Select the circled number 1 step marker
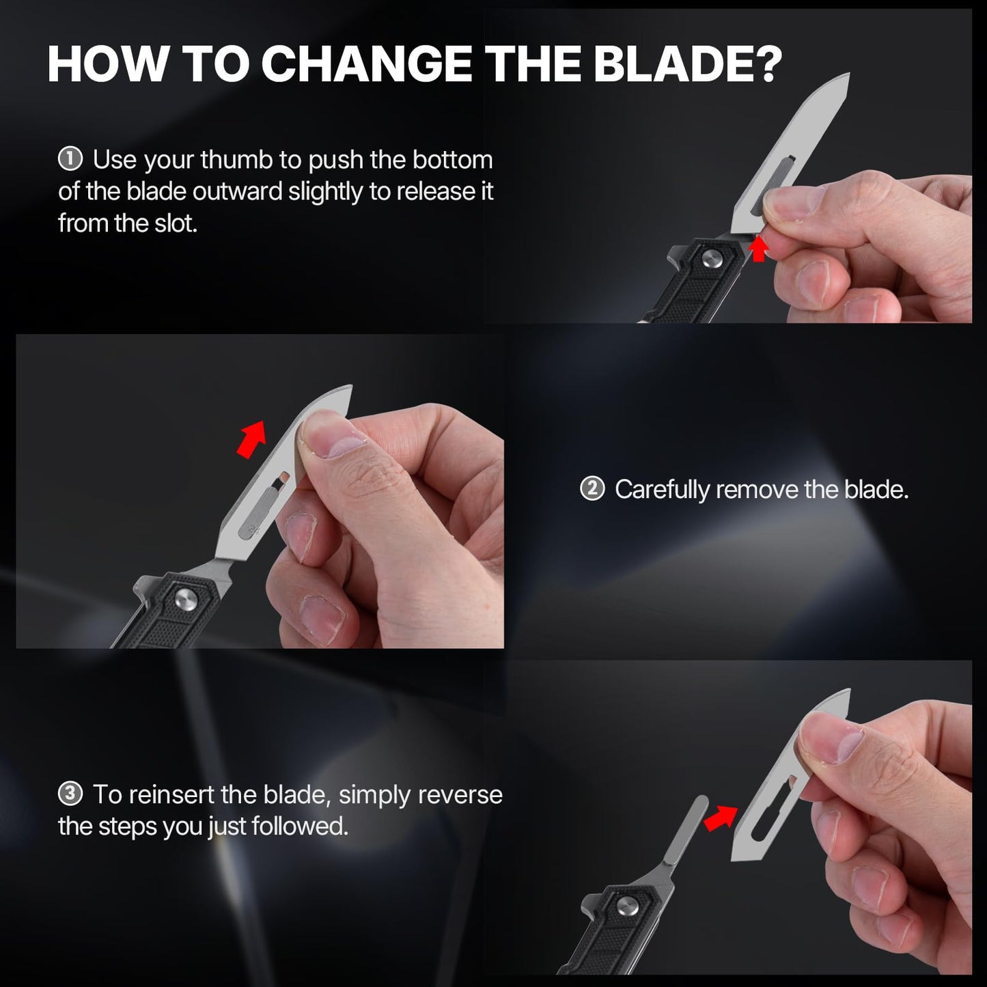pyautogui.click(x=70, y=159)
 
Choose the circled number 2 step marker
pyautogui.click(x=592, y=488)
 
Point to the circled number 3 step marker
pyautogui.click(x=70, y=794)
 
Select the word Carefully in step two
pyautogui.click(x=662, y=490)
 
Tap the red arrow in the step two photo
pyautogui.click(x=252, y=439)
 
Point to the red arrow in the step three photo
pyautogui.click(x=721, y=818)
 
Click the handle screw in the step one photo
pyautogui.click(x=709, y=258)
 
